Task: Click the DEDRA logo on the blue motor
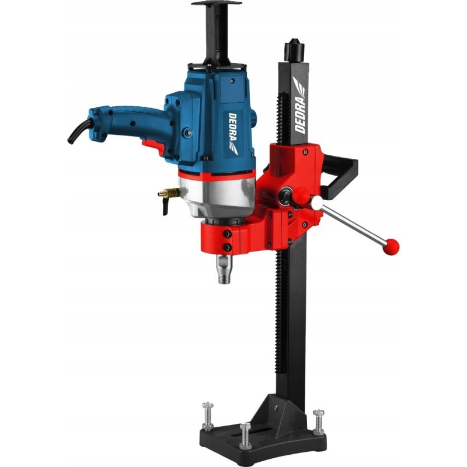233,133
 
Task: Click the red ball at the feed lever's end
391,246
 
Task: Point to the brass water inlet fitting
169,194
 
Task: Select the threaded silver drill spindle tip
224,269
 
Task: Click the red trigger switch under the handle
154,147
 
